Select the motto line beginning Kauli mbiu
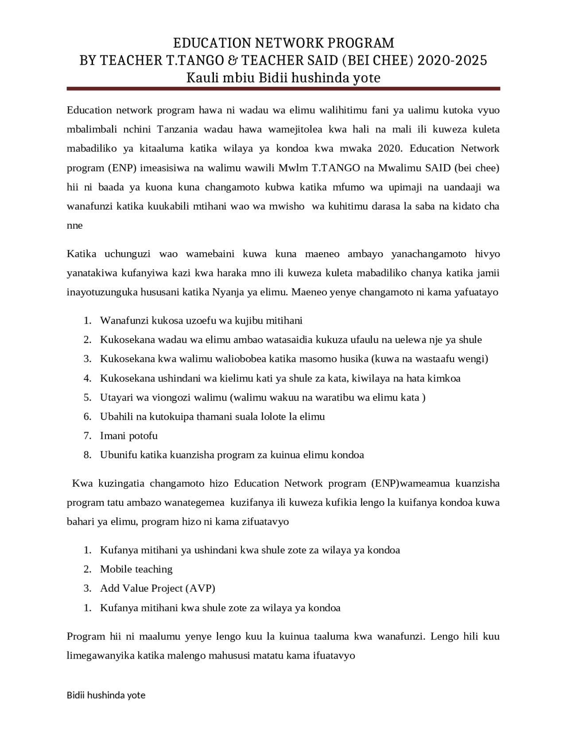(x=283, y=78)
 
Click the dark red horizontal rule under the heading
(x=283, y=89)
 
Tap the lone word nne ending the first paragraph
(x=74, y=225)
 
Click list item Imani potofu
(x=128, y=435)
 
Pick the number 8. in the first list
(x=87, y=455)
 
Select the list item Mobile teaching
(x=136, y=569)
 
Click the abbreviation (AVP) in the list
(x=200, y=588)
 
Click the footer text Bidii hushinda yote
(x=106, y=695)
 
